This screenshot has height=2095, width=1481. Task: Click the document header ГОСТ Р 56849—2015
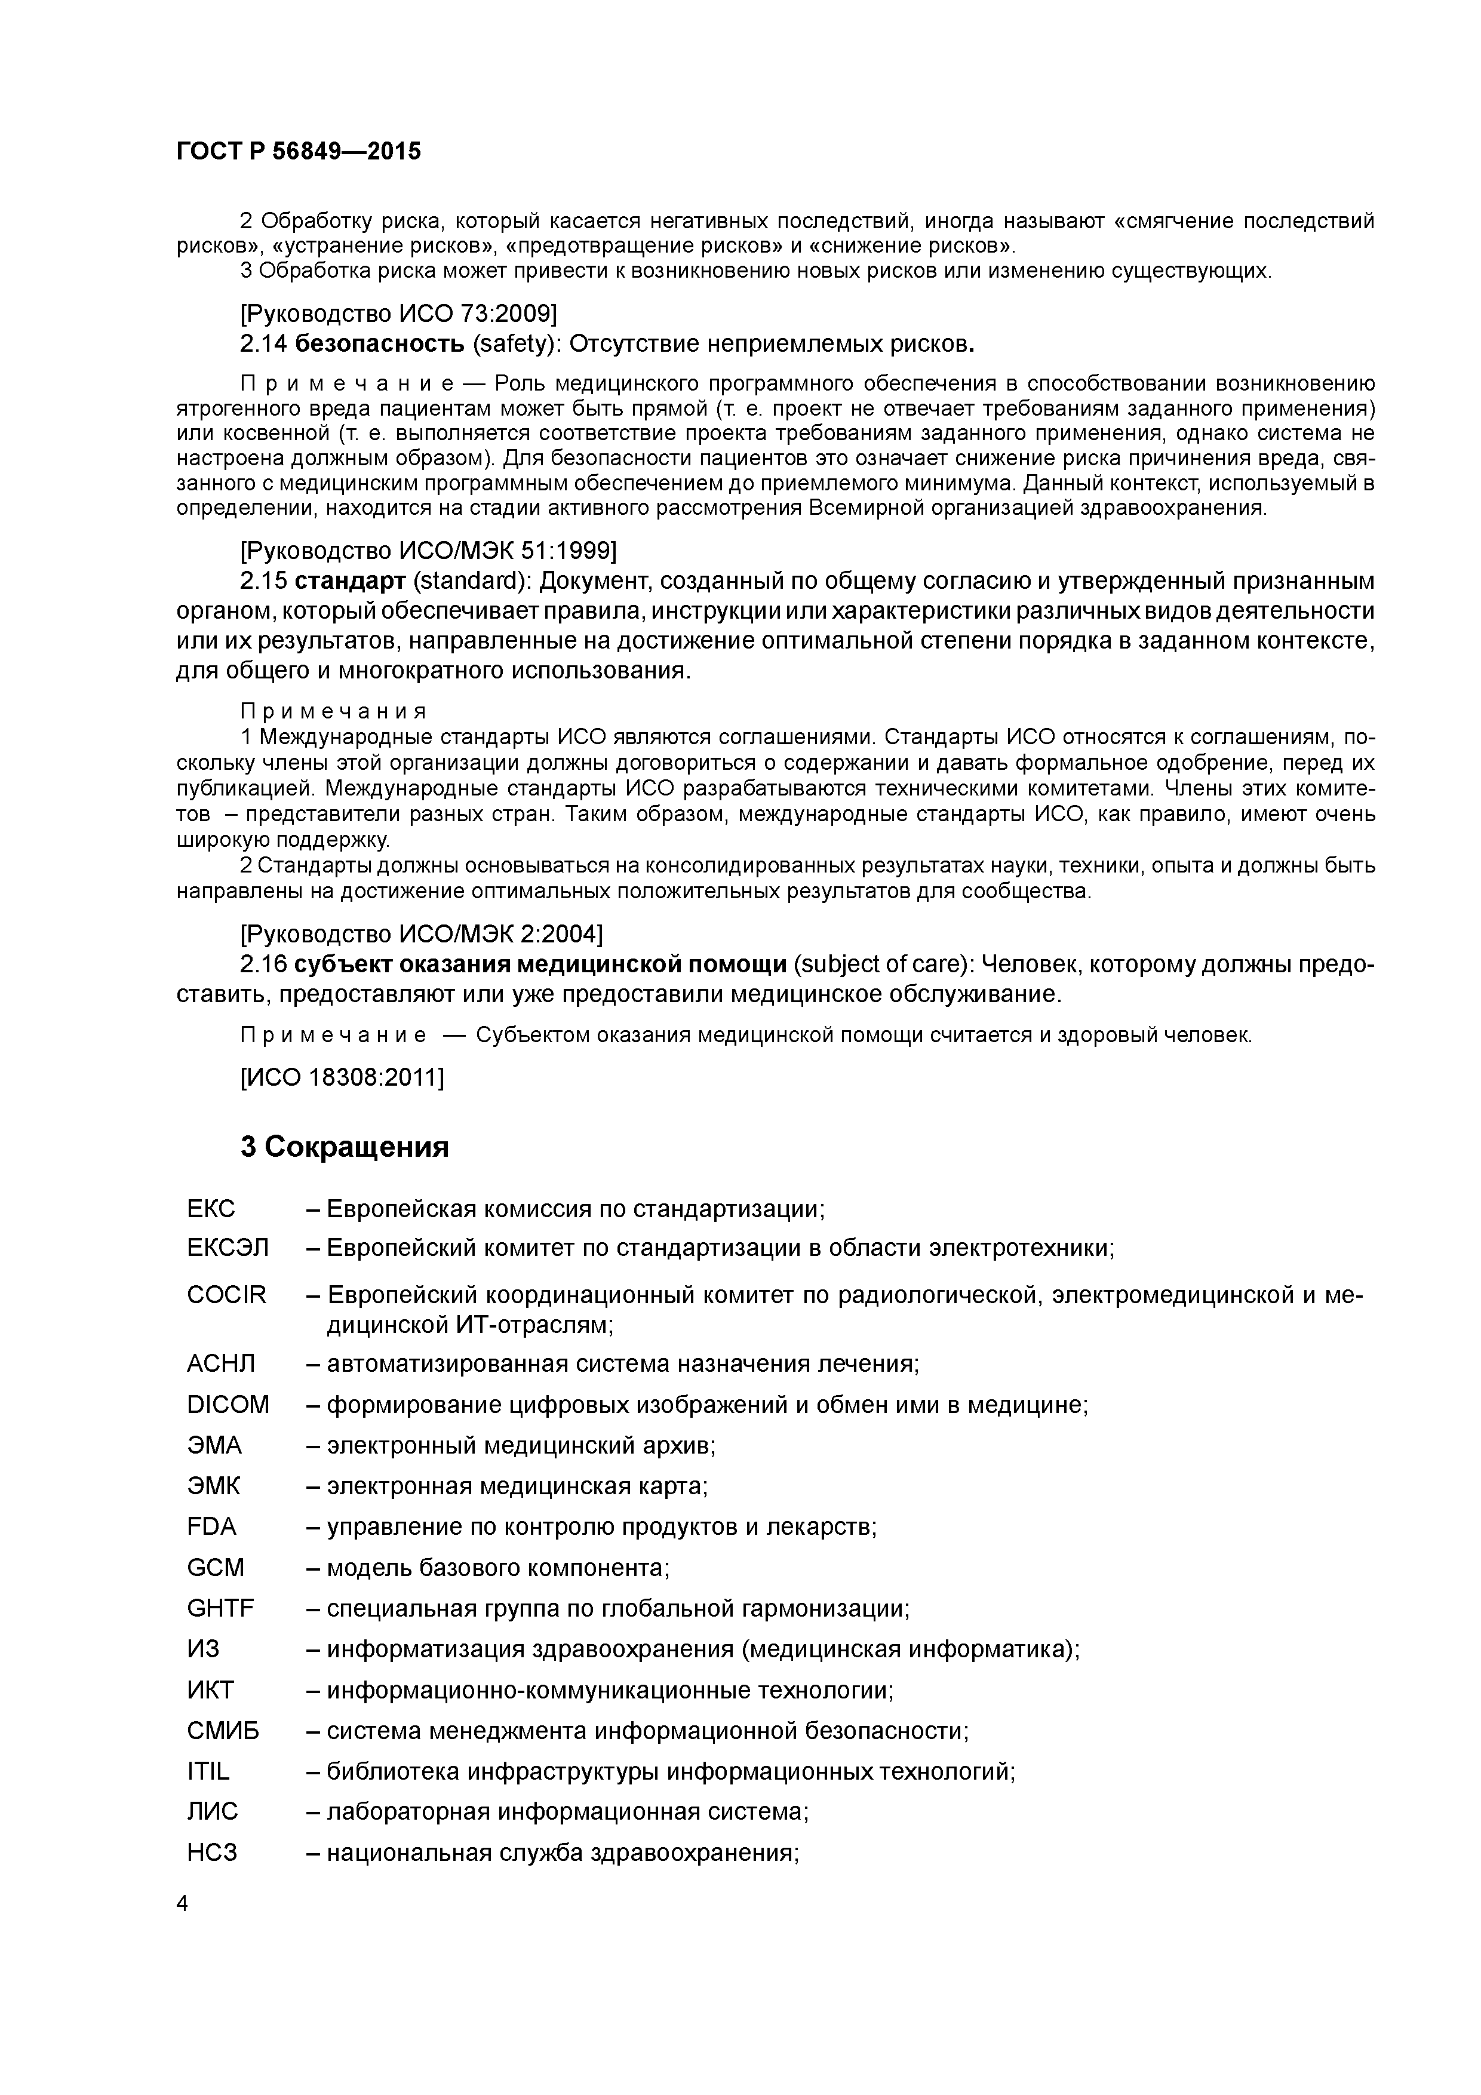pyautogui.click(x=299, y=152)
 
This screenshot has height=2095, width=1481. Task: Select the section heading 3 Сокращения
pyautogui.click(x=344, y=1147)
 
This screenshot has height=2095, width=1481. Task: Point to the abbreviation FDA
pyautogui.click(x=212, y=1526)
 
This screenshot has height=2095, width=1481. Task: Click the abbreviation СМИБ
pyautogui.click(x=223, y=1730)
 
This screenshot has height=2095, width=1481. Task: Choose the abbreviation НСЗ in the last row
pyautogui.click(x=212, y=1853)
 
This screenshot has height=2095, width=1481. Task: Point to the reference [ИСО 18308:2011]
pyautogui.click(x=341, y=1077)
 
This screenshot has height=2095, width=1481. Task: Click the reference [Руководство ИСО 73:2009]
pyautogui.click(x=398, y=314)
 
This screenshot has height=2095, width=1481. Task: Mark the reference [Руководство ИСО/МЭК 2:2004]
pyautogui.click(x=420, y=935)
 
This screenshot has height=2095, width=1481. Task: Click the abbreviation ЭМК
pyautogui.click(x=214, y=1485)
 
